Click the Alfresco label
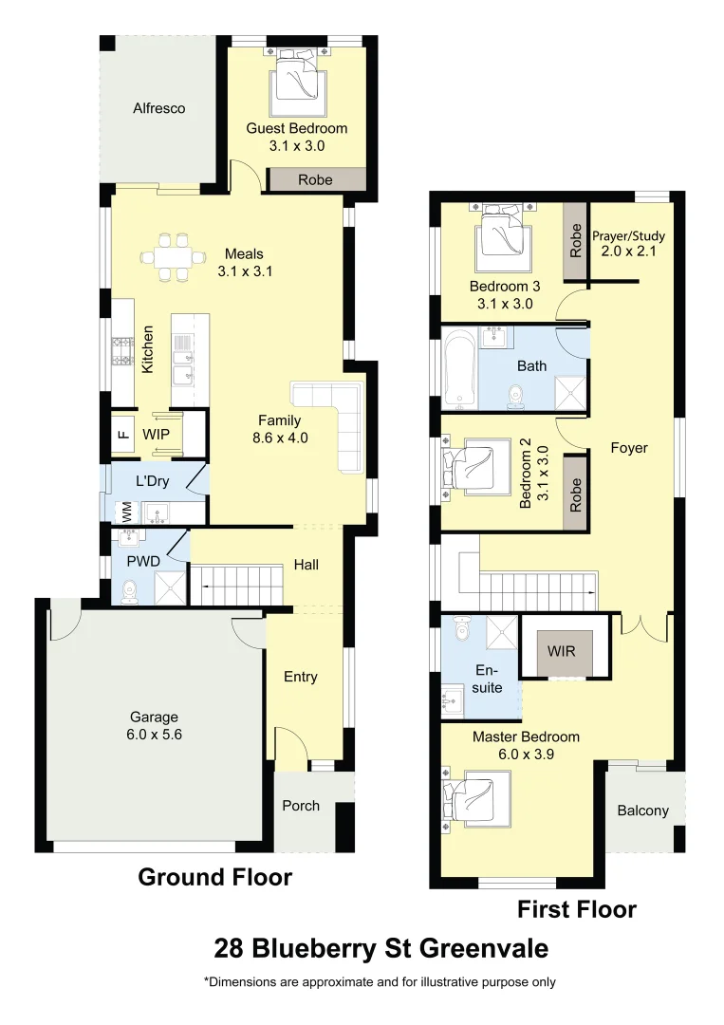[x=158, y=108]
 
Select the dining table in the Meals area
[x=172, y=256]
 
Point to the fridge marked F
[x=121, y=435]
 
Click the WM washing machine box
[x=126, y=512]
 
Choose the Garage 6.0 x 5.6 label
[x=153, y=725]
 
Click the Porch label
[x=301, y=806]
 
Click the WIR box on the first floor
[x=564, y=652]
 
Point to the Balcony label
[x=642, y=811]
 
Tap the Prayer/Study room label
[x=628, y=244]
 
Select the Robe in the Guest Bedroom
[x=315, y=179]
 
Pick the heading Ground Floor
[x=214, y=877]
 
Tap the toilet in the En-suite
[x=462, y=629]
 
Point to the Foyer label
[x=628, y=448]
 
